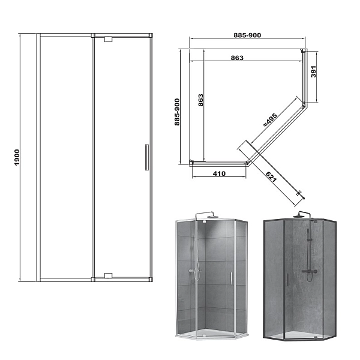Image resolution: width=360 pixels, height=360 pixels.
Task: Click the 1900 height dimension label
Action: (17, 157)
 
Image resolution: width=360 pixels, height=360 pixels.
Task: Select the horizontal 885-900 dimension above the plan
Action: (247, 35)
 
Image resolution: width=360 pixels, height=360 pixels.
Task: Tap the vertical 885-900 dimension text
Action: (177, 112)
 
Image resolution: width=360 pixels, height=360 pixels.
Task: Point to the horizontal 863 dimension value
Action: (237, 58)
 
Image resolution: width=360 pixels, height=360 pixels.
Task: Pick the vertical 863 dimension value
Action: (200, 100)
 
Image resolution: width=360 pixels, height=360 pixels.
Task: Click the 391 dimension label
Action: (313, 71)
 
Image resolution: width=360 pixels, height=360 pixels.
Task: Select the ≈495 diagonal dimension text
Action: (270, 119)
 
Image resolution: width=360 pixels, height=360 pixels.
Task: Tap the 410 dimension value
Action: (219, 173)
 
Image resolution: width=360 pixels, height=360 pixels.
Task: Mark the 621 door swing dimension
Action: (271, 177)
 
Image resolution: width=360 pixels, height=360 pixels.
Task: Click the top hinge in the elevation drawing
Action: (108, 39)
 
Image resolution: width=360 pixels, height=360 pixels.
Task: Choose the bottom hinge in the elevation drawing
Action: (108, 275)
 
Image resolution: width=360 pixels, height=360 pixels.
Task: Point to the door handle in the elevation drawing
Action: (147, 157)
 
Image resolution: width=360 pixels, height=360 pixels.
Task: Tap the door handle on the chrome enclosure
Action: (232, 278)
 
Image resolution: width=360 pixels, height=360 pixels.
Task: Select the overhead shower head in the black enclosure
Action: (298, 216)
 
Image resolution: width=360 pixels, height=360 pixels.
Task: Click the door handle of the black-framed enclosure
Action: (287, 280)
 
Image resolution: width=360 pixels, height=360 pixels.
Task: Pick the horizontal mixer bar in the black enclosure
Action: (310, 271)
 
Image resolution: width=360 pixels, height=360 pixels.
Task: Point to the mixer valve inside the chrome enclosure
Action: (193, 271)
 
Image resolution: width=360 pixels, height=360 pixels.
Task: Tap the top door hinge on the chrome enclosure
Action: (203, 222)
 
